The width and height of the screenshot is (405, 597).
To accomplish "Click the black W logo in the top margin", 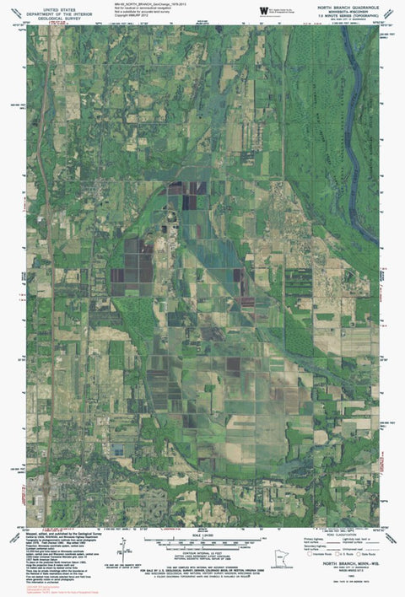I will coord(263,10).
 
